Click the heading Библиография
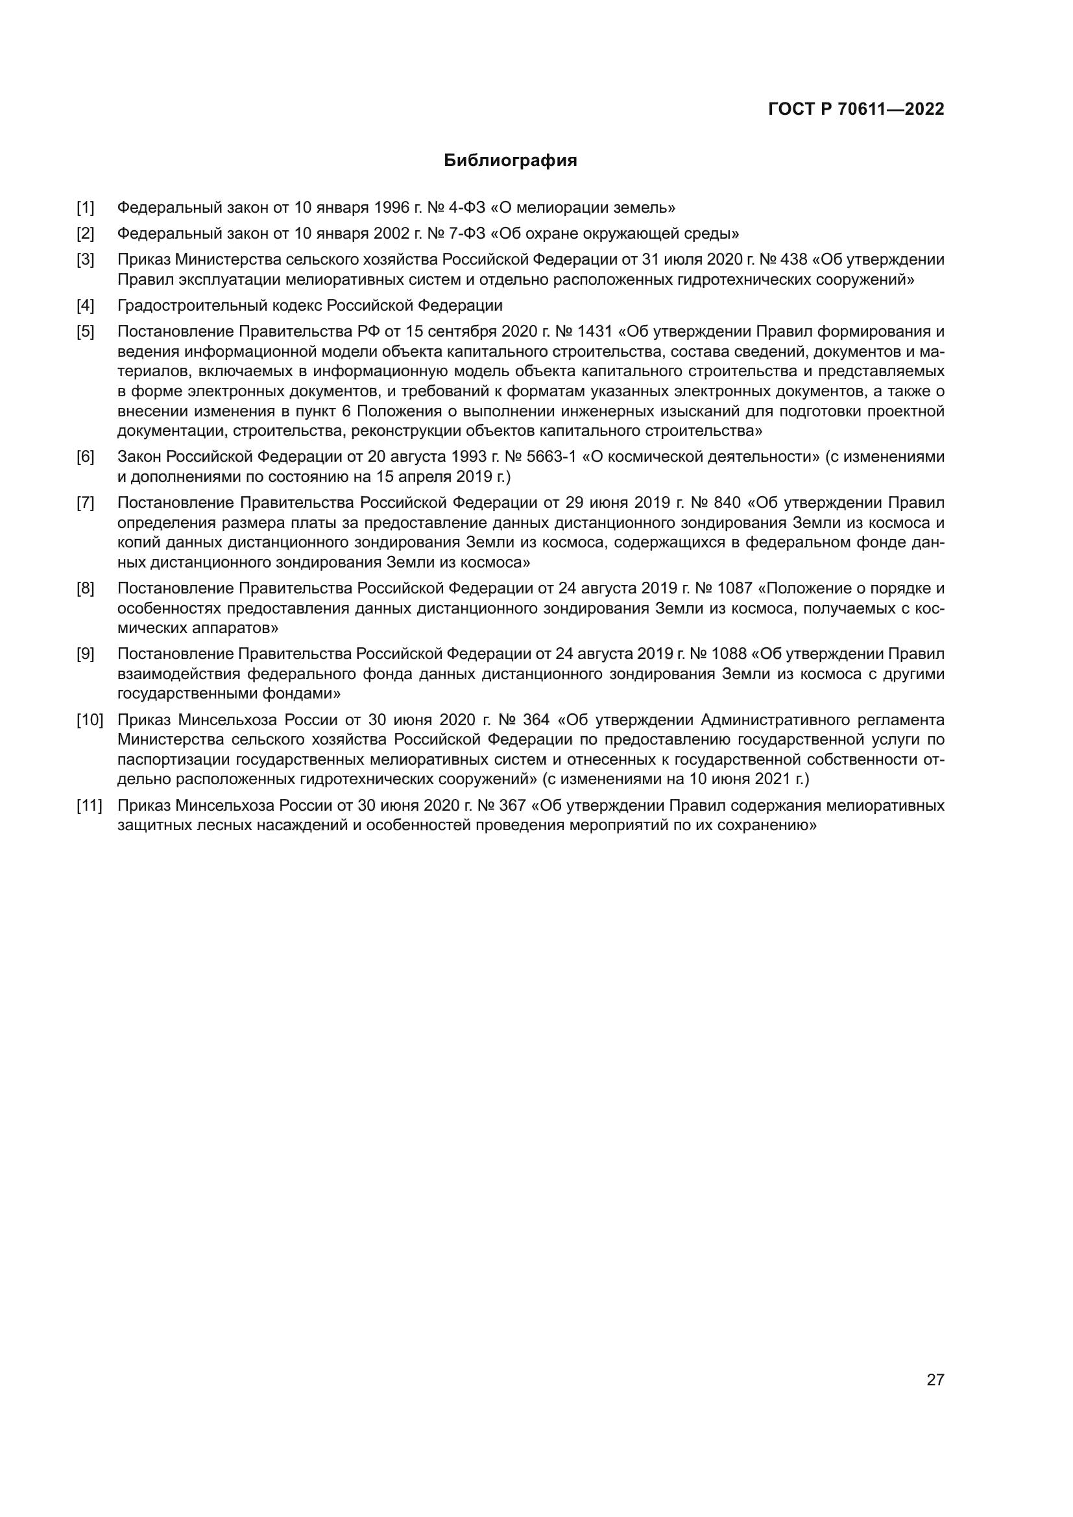pyautogui.click(x=510, y=161)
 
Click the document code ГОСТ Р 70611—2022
pyautogui.click(x=856, y=110)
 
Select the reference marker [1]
pyautogui.click(x=85, y=208)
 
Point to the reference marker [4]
pyautogui.click(x=85, y=306)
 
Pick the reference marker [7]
pyautogui.click(x=85, y=503)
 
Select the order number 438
pyautogui.click(x=793, y=259)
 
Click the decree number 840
pyautogui.click(x=727, y=503)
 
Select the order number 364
pyautogui.click(x=535, y=719)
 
